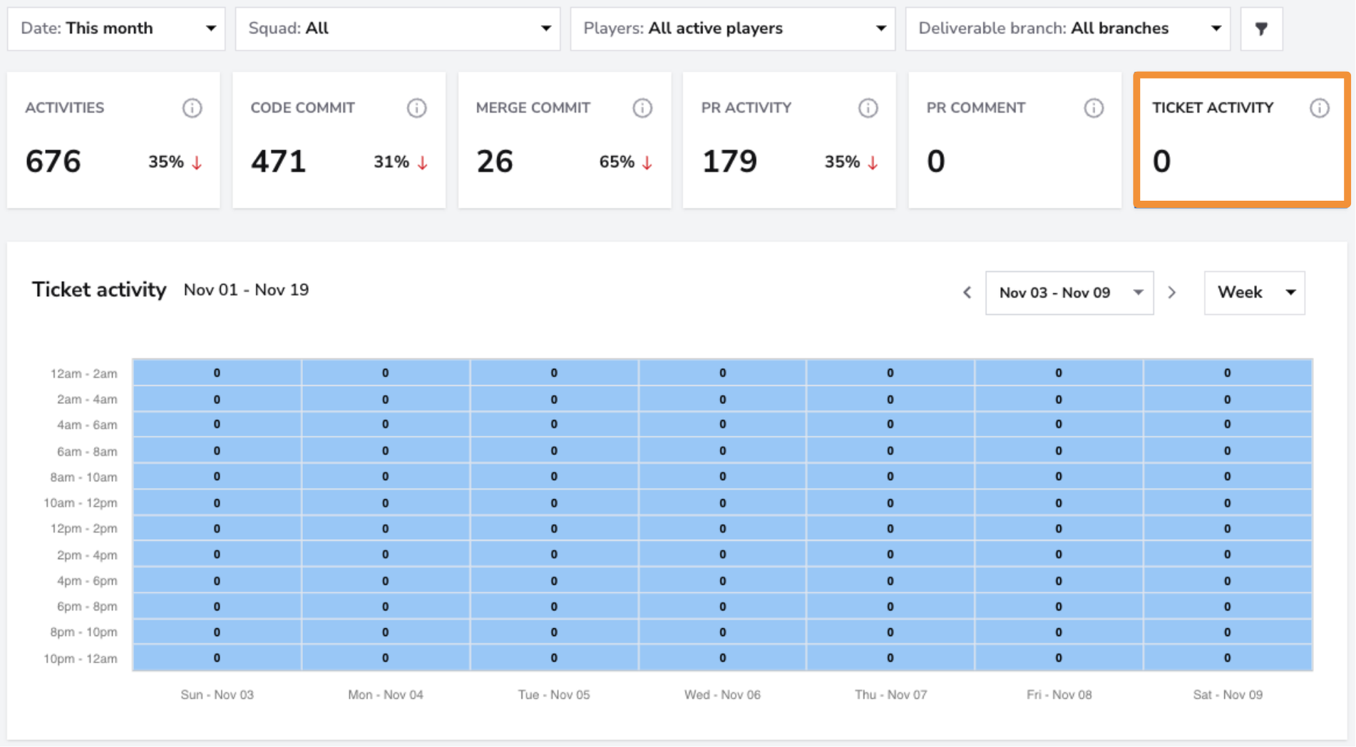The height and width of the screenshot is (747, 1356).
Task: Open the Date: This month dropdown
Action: pyautogui.click(x=116, y=29)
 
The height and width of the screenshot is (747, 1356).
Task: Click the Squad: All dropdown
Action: pyautogui.click(x=398, y=29)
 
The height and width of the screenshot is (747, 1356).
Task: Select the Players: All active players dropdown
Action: pyautogui.click(x=733, y=29)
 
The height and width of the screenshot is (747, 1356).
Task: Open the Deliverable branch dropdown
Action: pyautogui.click(x=1068, y=29)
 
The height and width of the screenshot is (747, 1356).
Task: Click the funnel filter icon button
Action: pyautogui.click(x=1262, y=29)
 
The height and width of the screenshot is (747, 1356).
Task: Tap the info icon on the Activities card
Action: pyautogui.click(x=192, y=108)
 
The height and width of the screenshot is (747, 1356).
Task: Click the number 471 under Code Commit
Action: pyautogui.click(x=278, y=161)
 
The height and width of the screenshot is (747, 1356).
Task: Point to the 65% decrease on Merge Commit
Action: pyautogui.click(x=626, y=162)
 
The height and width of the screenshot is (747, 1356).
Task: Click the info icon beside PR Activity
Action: pyautogui.click(x=868, y=108)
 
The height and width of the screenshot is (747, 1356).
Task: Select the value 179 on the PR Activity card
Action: pyautogui.click(x=729, y=161)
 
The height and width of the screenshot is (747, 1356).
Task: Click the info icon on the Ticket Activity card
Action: pyautogui.click(x=1320, y=108)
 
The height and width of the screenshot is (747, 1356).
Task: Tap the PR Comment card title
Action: pyautogui.click(x=975, y=108)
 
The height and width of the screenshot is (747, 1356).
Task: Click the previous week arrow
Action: pyautogui.click(x=967, y=292)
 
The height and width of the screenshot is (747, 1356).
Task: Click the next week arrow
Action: pyautogui.click(x=1172, y=292)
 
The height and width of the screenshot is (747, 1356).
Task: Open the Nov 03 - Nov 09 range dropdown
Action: pyautogui.click(x=1069, y=292)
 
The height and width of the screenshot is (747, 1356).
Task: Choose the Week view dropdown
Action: pyautogui.click(x=1255, y=292)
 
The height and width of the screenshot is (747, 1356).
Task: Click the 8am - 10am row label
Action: pyautogui.click(x=83, y=477)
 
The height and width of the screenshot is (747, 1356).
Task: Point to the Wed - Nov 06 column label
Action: pyautogui.click(x=722, y=694)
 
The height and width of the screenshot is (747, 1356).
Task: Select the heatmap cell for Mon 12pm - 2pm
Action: pyautogui.click(x=386, y=528)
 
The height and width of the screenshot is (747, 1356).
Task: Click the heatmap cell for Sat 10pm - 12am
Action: pyautogui.click(x=1228, y=658)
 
